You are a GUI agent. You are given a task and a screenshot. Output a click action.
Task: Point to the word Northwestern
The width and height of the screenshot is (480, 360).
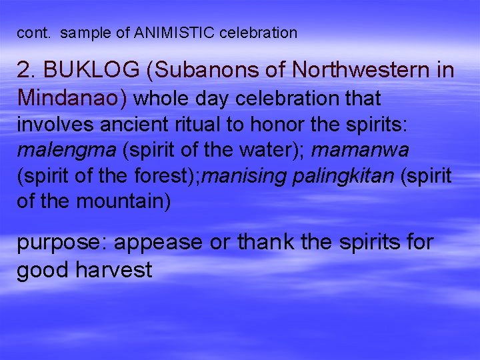coord(356,70)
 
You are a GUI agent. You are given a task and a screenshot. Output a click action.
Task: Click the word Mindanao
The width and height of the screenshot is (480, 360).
coord(71,99)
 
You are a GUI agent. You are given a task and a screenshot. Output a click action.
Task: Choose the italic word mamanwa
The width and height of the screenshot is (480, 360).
coord(369,151)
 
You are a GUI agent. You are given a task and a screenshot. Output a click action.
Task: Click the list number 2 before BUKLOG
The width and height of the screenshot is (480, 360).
coord(25,70)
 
